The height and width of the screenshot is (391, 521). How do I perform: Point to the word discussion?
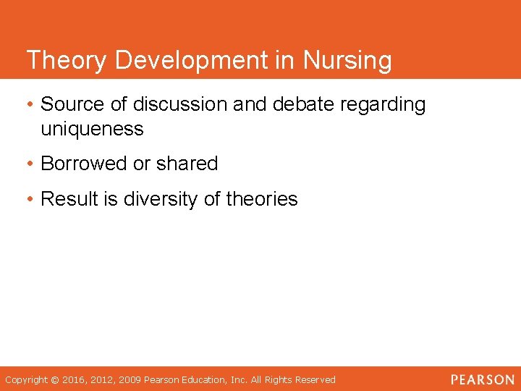point(180,104)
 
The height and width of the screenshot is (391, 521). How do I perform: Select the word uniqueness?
point(92,130)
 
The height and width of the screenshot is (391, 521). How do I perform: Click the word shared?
point(187,164)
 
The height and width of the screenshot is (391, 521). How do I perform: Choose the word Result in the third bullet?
point(69,199)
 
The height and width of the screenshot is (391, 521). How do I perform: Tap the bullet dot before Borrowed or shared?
point(30,164)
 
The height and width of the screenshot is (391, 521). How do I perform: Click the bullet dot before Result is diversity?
point(30,200)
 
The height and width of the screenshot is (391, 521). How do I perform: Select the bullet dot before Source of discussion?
point(30,105)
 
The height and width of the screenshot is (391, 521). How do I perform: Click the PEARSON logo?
point(482,379)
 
